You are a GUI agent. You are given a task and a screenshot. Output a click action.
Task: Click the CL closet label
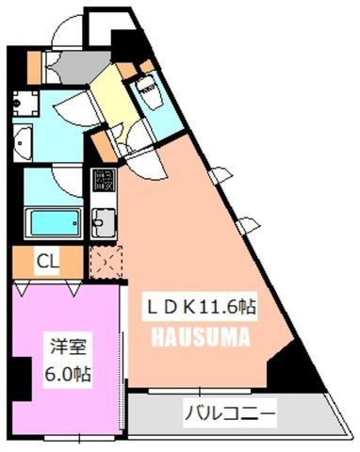point(48,261)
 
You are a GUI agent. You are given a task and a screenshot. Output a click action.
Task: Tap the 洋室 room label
point(68,347)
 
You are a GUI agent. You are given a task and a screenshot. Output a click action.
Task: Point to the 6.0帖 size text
point(68,374)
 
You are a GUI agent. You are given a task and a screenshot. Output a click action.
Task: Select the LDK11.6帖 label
point(201,306)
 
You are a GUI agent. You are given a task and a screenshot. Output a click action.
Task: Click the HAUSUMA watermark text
point(201,337)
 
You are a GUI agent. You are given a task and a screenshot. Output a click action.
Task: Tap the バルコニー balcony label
point(230,413)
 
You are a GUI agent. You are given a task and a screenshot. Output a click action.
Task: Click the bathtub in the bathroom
point(54,223)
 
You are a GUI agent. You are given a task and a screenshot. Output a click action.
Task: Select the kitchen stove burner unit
point(104,180)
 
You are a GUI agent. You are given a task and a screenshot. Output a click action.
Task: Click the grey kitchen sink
point(104,222)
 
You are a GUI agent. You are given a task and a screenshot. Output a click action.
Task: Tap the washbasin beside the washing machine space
point(23,142)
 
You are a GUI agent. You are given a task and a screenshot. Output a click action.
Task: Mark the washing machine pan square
point(25,103)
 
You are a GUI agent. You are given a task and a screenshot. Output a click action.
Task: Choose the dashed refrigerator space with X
point(106,262)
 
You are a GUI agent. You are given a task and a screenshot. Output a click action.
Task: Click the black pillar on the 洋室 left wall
point(21,379)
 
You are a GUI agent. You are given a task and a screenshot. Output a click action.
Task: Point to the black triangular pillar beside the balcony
point(294,367)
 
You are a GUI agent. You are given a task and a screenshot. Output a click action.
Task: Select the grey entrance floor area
point(82,67)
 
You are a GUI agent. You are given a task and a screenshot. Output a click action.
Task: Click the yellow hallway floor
point(114,100)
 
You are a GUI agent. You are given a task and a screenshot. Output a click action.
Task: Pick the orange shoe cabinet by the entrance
point(34,67)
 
